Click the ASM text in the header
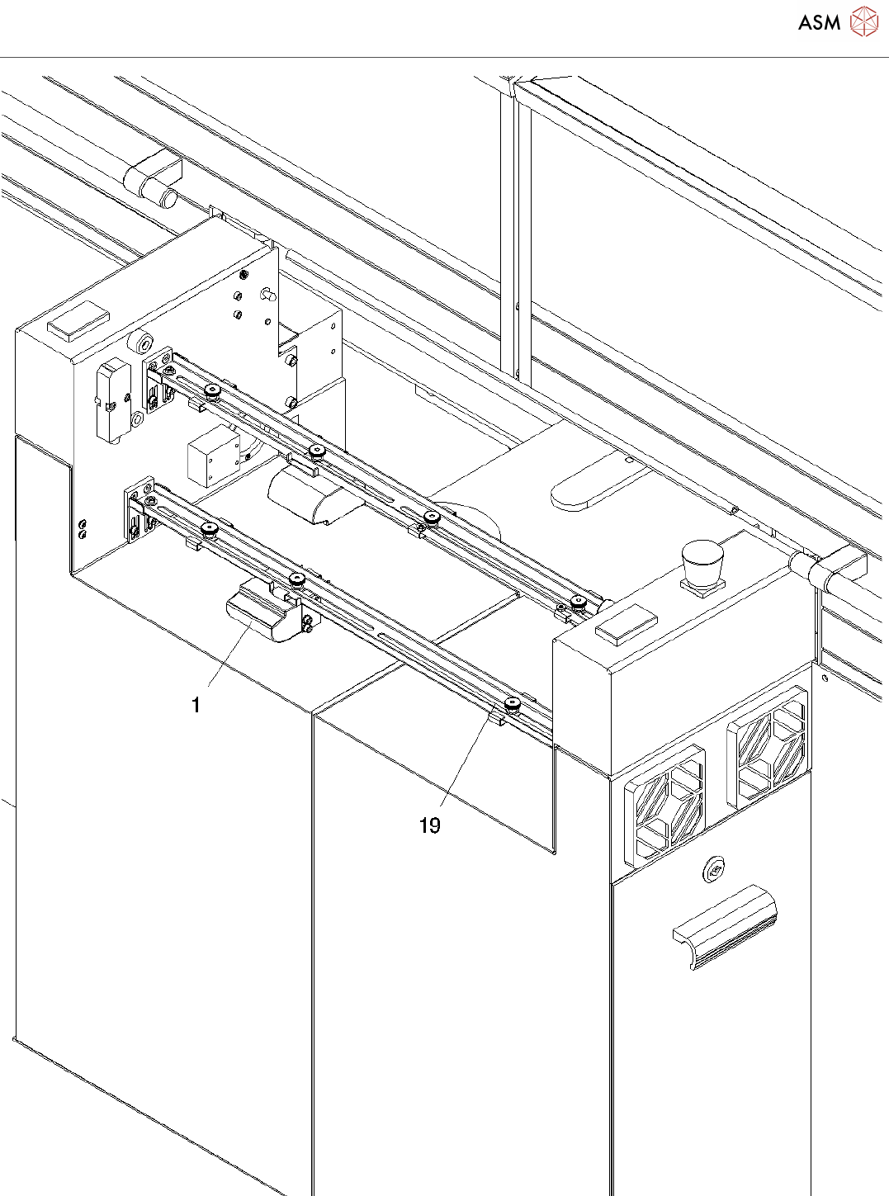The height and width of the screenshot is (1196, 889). pyautogui.click(x=819, y=22)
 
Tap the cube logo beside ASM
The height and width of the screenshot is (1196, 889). pyautogui.click(x=863, y=21)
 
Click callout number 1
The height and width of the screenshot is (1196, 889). pyautogui.click(x=196, y=705)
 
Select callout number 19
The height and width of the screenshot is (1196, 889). pyautogui.click(x=429, y=825)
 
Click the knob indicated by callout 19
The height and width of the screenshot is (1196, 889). pyautogui.click(x=512, y=704)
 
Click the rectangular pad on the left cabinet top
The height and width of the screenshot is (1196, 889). pyautogui.click(x=78, y=321)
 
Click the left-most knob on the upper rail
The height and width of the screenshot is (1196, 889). pyautogui.click(x=213, y=390)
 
